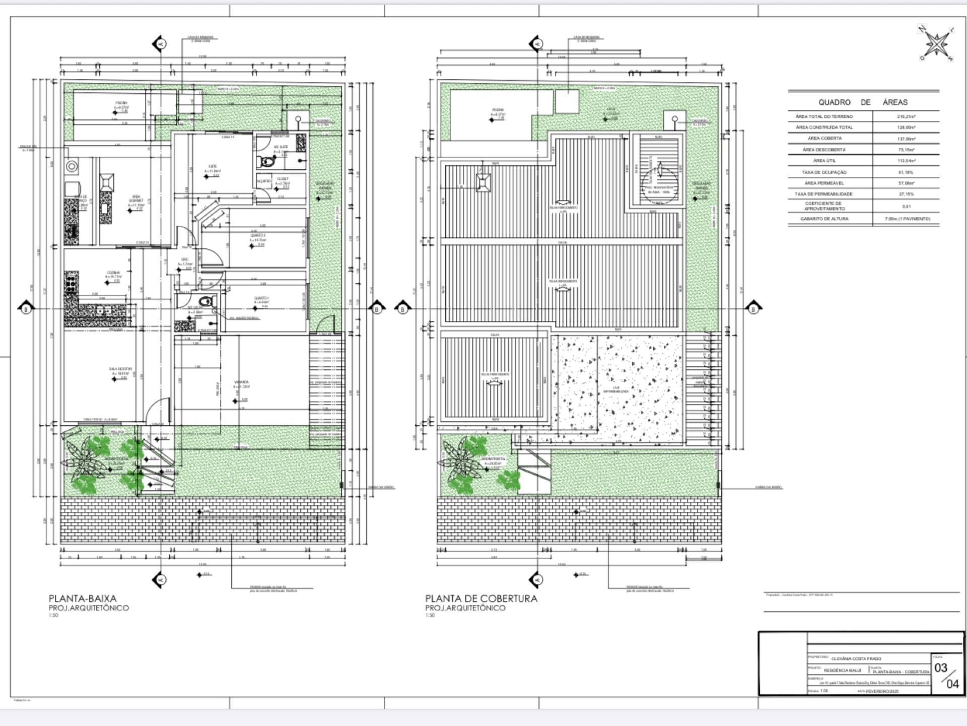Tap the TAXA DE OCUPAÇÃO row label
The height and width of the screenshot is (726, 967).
[x=824, y=172]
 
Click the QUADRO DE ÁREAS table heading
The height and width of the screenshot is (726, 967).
[x=863, y=102]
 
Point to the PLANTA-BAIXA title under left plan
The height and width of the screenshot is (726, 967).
[x=83, y=599]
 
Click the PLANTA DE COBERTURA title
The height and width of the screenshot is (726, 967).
[x=481, y=599]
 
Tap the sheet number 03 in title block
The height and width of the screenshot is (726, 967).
[x=941, y=668]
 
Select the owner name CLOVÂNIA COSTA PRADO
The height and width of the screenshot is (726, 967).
[x=856, y=659]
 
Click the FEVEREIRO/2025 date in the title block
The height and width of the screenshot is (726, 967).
[x=882, y=691]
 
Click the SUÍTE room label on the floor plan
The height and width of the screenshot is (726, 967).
[x=213, y=166]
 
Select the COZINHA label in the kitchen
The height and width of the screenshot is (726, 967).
[x=113, y=273]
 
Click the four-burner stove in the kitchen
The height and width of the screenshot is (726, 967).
[x=71, y=282]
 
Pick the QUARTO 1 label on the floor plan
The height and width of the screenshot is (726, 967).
[x=261, y=298]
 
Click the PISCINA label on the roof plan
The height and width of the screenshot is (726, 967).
[x=498, y=110]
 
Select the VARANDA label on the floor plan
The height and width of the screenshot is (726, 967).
[x=241, y=382]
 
